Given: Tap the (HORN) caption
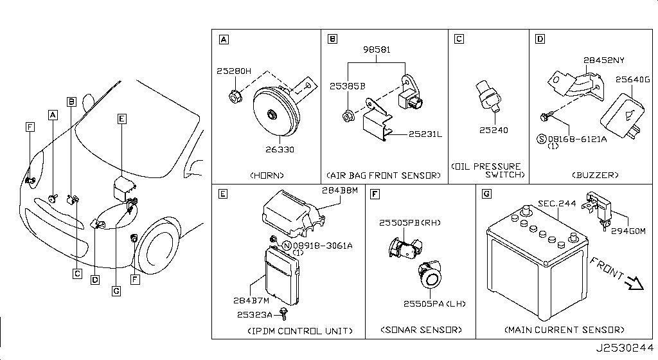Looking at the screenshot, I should [x=267, y=175].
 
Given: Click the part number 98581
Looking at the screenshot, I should [x=377, y=50].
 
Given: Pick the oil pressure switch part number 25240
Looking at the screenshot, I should [x=493, y=130].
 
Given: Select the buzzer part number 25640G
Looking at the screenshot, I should [x=634, y=80].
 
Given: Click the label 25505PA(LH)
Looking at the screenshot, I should [x=434, y=303].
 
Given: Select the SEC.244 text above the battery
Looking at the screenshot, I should [x=556, y=203].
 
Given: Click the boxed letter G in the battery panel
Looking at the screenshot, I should [x=486, y=193].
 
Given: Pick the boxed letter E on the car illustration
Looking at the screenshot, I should [x=122, y=118].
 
